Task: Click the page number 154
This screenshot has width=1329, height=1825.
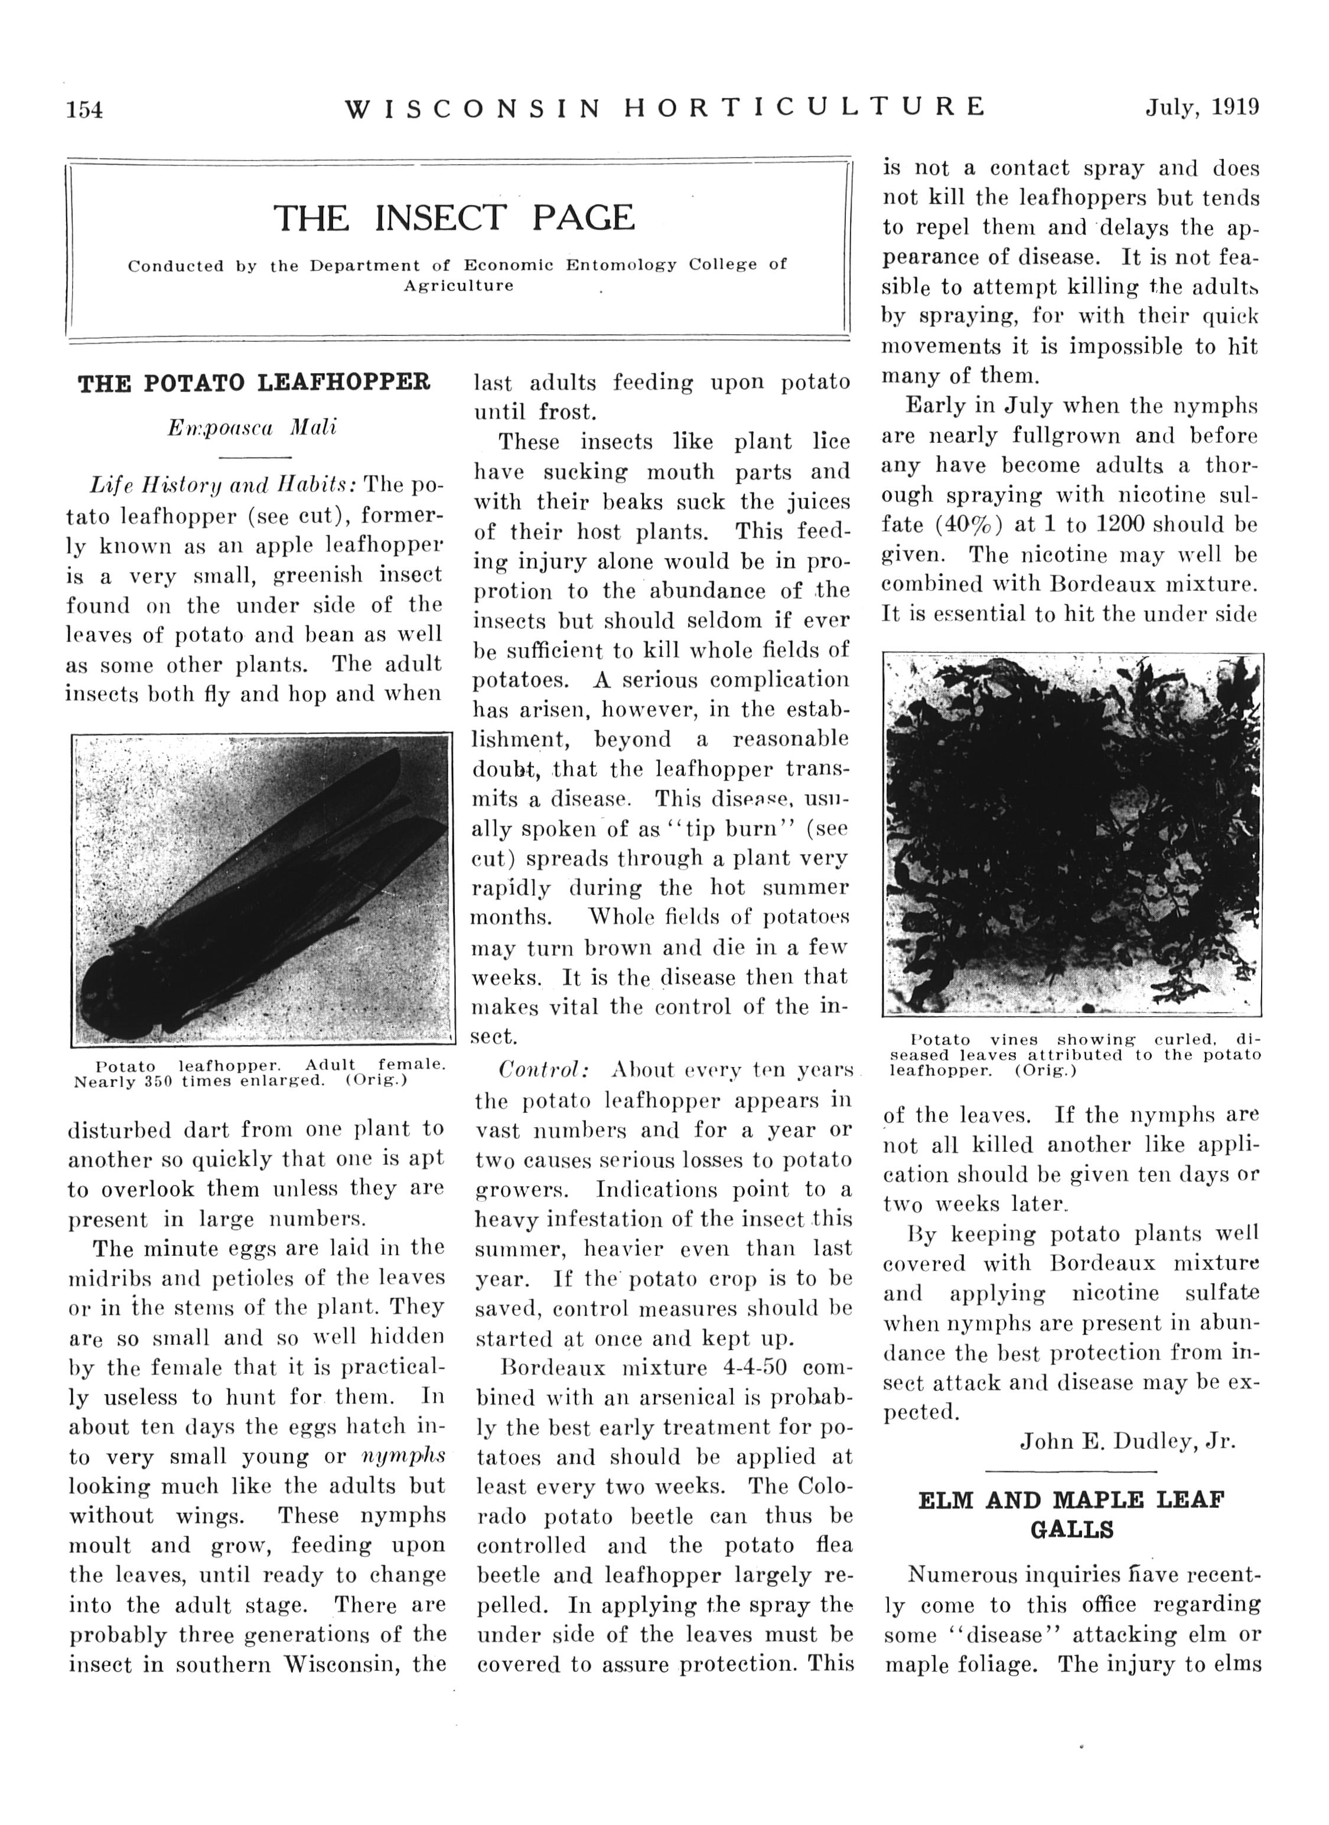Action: click(84, 109)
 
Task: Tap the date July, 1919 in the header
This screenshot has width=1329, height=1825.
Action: click(1202, 108)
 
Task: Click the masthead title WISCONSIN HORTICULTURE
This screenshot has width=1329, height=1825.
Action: click(665, 108)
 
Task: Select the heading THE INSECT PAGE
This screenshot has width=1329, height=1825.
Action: click(454, 217)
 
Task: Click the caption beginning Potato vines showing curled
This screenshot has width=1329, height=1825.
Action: click(1074, 1054)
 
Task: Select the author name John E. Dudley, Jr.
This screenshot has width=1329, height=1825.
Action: click(1127, 1441)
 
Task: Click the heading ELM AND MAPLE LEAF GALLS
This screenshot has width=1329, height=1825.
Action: click(1071, 1514)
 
